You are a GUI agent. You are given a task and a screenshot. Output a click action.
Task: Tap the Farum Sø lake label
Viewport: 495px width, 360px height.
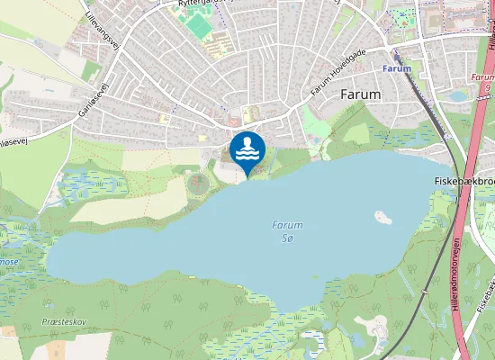click(288, 231)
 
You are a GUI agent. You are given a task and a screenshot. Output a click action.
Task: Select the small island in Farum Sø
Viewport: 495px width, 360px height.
click(382, 218)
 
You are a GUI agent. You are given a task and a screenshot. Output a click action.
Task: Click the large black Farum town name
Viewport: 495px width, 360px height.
click(361, 94)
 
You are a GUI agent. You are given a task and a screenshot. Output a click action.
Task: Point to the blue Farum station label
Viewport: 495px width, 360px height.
click(396, 68)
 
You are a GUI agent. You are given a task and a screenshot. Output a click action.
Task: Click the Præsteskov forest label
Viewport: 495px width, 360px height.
click(63, 321)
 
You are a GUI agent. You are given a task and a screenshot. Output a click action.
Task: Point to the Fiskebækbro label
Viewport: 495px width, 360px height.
click(459, 181)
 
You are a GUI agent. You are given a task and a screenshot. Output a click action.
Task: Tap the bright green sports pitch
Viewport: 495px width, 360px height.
click(199, 26)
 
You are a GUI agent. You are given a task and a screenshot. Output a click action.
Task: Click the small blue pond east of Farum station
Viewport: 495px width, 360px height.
click(458, 95)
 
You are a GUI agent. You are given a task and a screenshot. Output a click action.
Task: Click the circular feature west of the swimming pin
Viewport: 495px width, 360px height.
click(198, 183)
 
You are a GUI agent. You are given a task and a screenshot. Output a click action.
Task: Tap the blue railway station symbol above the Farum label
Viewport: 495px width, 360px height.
click(395, 53)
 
